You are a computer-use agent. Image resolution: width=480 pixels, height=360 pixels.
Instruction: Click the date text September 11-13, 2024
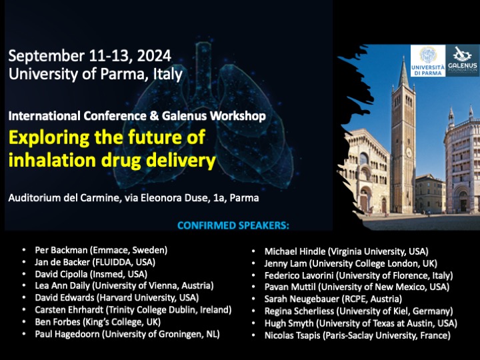click(89, 56)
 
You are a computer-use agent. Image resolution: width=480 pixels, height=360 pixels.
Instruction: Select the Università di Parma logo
click(427, 61)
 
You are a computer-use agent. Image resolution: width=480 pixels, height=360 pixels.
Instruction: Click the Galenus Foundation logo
click(463, 61)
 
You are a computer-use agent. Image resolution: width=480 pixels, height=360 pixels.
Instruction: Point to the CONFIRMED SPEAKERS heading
click(233, 225)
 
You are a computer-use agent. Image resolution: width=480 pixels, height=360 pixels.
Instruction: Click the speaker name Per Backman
click(61, 250)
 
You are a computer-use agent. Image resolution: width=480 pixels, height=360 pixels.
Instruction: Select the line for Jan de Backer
click(95, 262)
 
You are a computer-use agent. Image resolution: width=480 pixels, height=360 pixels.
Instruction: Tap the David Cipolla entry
click(91, 274)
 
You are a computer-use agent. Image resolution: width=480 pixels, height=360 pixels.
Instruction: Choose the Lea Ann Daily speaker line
click(124, 285)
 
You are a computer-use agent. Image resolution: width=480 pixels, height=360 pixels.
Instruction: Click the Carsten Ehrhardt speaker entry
click(133, 310)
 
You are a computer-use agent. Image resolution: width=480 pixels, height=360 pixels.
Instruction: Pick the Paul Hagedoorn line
click(127, 334)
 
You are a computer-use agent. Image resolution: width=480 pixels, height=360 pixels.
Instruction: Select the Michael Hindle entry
click(346, 251)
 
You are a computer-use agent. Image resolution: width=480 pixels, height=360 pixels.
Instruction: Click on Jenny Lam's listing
click(351, 263)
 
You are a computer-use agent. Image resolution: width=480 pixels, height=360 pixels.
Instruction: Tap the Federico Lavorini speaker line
click(359, 275)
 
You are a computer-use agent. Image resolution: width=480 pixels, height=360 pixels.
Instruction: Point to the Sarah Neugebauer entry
click(333, 299)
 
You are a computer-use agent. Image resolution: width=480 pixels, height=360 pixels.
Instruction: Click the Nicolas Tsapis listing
click(357, 335)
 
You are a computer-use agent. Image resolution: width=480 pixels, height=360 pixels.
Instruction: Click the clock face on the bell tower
click(409, 152)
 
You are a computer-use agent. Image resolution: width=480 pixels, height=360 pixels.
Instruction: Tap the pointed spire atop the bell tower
click(404, 71)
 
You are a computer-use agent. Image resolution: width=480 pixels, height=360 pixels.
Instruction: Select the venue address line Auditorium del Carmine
click(133, 198)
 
